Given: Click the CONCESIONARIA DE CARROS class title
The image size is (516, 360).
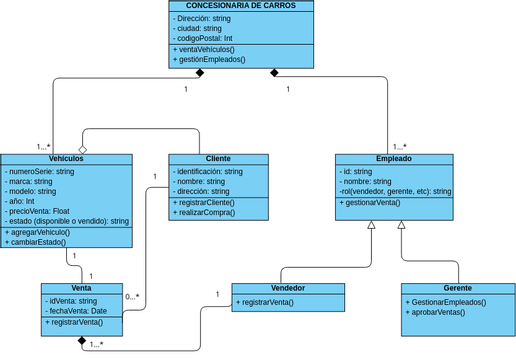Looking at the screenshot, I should pyautogui.click(x=241, y=6).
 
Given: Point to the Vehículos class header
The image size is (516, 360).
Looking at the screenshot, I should pyautogui.click(x=66, y=159).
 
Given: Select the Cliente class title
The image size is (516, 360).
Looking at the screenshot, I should pyautogui.click(x=218, y=159).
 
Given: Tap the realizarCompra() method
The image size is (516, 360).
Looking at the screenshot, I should pyautogui.click(x=208, y=213).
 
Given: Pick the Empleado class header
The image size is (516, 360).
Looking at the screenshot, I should pyautogui.click(x=393, y=159).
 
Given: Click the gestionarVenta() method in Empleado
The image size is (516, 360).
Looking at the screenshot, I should pyautogui.click(x=370, y=202).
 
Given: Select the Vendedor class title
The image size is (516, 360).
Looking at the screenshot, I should pyautogui.click(x=288, y=288).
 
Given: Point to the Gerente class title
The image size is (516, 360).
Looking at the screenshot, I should pyautogui.click(x=458, y=288).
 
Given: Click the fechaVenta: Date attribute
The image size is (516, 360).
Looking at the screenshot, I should pyautogui.click(x=77, y=311).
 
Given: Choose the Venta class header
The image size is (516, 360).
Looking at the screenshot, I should pyautogui.click(x=82, y=288).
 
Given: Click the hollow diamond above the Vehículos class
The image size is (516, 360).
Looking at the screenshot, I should pyautogui.click(x=83, y=148).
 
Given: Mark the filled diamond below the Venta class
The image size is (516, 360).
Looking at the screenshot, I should pyautogui.click(x=83, y=340).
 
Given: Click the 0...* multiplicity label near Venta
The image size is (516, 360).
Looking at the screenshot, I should pyautogui.click(x=132, y=296).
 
